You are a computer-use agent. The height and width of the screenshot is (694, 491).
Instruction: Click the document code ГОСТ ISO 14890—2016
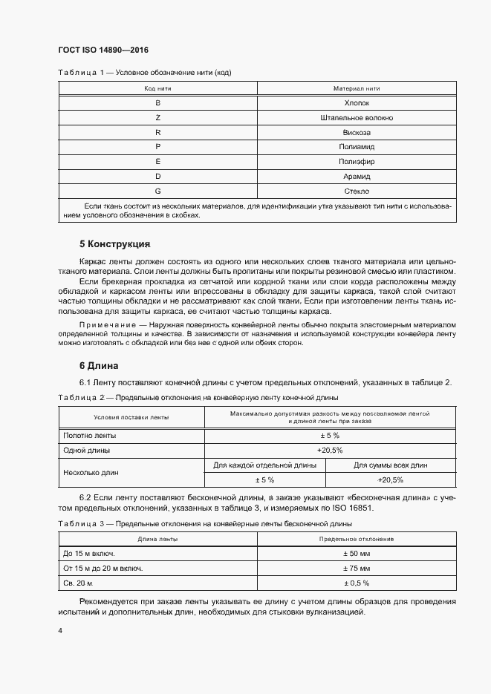coord(103,50)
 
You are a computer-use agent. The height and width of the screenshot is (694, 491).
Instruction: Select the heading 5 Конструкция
coord(114,243)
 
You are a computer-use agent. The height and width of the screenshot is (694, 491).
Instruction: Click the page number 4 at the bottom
coord(59,630)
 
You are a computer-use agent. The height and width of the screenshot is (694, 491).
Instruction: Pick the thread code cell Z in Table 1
coord(157,118)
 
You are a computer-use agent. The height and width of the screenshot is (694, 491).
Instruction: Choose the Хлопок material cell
coord(357,103)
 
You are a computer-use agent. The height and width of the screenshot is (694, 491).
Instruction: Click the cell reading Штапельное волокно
coord(357,118)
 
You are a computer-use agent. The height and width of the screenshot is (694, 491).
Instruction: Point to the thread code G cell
coord(157,191)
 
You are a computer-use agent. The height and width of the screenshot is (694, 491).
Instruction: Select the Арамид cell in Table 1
coord(357,177)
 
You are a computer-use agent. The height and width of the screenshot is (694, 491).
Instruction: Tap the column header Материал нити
coord(357,88)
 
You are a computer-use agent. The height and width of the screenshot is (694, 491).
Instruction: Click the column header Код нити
coord(157,88)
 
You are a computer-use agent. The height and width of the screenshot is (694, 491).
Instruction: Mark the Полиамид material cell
coord(357,147)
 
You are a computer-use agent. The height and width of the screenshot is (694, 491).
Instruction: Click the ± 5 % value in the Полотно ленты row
coord(330,436)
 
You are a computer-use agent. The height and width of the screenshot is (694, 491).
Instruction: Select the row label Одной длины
coord(87,451)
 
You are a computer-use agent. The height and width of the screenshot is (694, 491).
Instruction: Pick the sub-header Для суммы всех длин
coord(391,465)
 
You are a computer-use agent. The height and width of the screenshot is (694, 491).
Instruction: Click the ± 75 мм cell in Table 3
coord(357,568)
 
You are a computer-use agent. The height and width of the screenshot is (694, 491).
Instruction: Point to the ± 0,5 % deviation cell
coord(357,583)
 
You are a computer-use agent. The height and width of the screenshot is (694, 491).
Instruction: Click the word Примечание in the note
coord(111,325)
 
